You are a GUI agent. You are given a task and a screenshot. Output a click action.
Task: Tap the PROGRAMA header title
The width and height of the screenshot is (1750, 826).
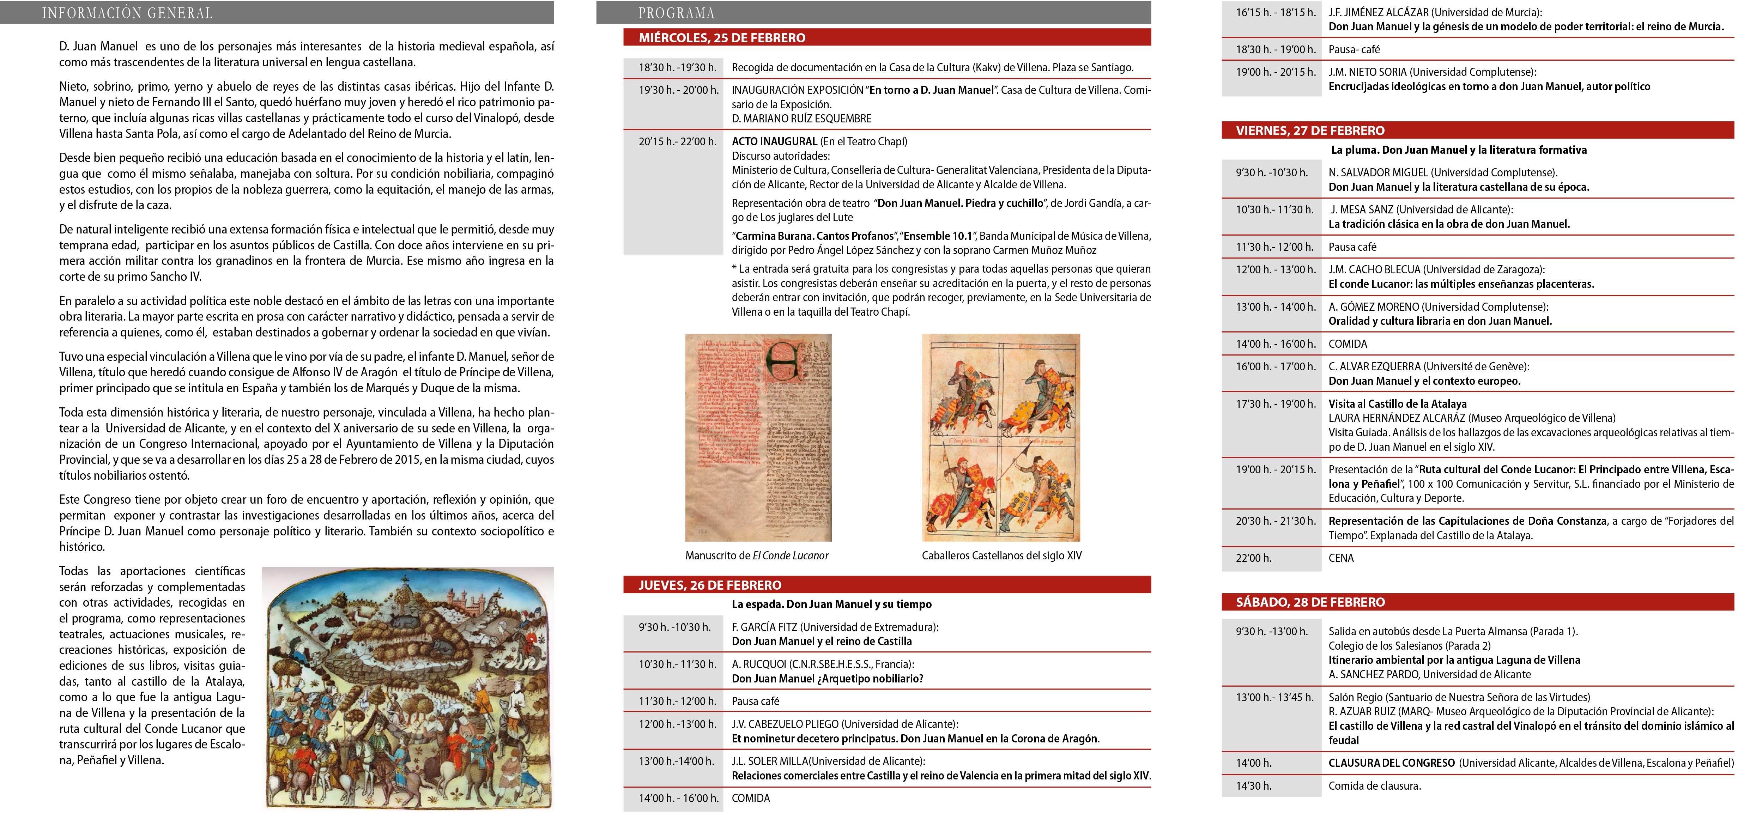[676, 13]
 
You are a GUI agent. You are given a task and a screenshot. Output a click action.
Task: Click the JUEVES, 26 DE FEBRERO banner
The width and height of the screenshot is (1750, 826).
[709, 585]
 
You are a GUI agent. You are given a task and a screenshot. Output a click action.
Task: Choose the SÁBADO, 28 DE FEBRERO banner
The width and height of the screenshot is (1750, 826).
[1310, 602]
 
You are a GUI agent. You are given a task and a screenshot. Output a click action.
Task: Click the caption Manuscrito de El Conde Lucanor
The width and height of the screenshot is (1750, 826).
[757, 555]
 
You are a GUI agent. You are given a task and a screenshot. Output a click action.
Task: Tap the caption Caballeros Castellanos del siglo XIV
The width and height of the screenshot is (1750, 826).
[1001, 555]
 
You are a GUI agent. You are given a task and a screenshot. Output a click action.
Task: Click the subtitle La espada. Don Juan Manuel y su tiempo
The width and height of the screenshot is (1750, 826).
[831, 604]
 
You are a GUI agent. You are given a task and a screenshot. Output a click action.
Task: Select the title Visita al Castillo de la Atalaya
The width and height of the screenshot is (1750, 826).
[1397, 403]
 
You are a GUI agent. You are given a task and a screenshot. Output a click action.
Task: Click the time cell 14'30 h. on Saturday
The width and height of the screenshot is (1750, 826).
[1253, 786]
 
